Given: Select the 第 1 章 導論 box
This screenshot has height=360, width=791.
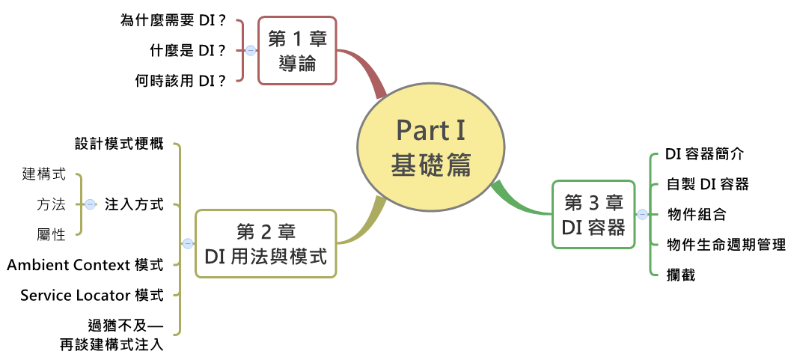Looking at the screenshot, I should (297, 51).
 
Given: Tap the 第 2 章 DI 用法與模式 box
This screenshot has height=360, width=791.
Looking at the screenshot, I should (266, 244).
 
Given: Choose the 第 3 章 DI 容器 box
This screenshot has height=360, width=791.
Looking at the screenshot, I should (593, 214).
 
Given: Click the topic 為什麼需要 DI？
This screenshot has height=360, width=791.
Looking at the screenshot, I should (173, 20).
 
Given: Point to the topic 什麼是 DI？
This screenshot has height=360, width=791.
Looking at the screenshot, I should (188, 51).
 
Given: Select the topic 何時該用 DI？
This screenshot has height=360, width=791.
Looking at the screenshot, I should (180, 81).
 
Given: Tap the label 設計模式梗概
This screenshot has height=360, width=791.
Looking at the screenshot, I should (119, 144).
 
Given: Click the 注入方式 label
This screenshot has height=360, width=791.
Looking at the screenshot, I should (134, 204).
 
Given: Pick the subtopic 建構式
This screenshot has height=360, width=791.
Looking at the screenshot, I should (44, 174).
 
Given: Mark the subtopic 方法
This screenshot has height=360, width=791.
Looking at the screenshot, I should (52, 204).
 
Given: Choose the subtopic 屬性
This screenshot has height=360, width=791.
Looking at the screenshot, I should (52, 234).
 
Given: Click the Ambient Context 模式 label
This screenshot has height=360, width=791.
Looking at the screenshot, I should (85, 265).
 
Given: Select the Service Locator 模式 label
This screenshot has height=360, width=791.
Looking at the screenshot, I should (92, 295).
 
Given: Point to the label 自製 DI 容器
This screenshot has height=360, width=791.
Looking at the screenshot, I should (708, 184).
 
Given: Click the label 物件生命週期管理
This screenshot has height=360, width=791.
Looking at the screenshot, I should (726, 245).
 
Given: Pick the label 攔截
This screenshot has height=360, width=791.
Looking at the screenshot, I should (682, 275).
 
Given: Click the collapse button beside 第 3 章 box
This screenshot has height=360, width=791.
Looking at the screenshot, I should (642, 214).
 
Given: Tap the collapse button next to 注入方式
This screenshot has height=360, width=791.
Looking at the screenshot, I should (91, 204).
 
